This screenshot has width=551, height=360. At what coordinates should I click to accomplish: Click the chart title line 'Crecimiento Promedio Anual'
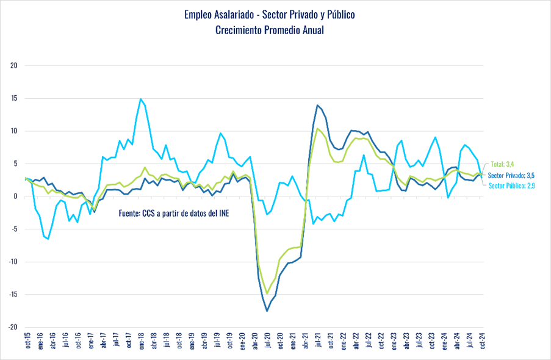click(x=269, y=30)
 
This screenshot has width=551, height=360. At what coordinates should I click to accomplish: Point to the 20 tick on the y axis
click(x=15, y=66)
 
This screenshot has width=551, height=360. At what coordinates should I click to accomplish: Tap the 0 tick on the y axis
click(x=16, y=196)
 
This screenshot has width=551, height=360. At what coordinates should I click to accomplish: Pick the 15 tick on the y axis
click(x=15, y=98)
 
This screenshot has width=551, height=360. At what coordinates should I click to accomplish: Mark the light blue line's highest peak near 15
click(x=141, y=99)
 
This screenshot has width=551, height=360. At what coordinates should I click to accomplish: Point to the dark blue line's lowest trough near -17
click(x=267, y=311)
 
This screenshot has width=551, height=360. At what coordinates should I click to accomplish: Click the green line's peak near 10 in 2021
click(x=317, y=128)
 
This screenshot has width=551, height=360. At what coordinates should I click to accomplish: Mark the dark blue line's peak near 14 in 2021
click(x=317, y=105)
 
